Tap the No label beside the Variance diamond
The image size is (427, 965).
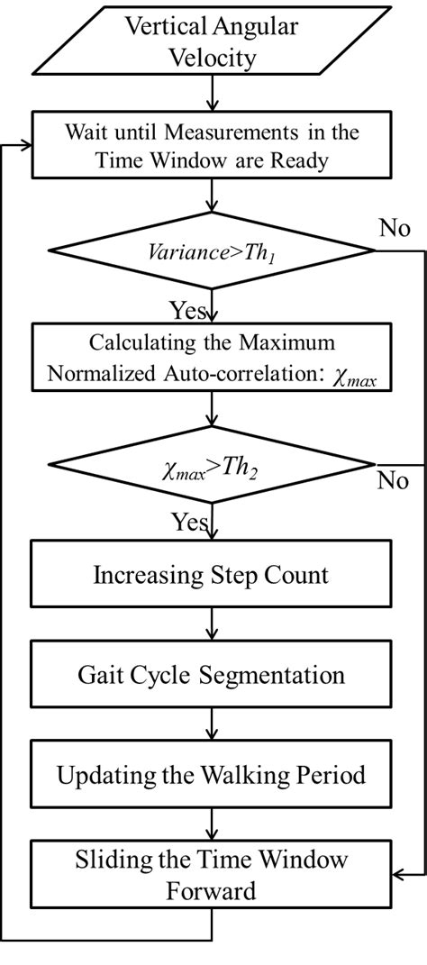pos(394,228)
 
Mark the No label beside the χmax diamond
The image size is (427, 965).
pos(393,480)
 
